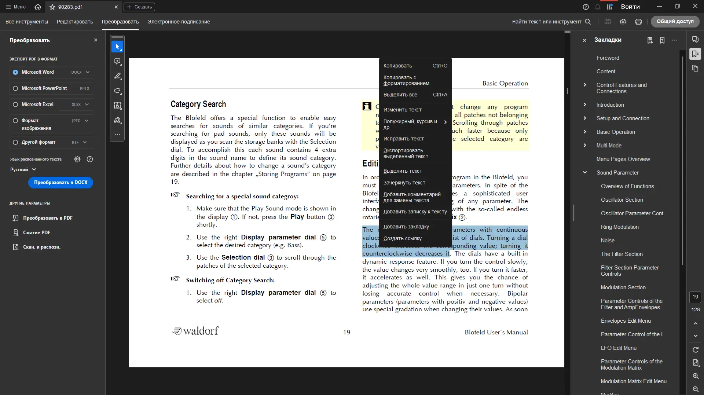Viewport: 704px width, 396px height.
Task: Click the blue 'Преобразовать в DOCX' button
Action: pos(60,183)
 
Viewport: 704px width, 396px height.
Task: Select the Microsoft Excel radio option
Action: pos(15,104)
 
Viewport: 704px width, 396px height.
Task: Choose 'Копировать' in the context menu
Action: pos(398,66)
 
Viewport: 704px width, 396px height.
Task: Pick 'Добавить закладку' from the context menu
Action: pos(406,227)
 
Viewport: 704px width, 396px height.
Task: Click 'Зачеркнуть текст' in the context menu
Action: pos(404,183)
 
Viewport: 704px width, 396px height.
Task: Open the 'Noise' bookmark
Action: pos(607,241)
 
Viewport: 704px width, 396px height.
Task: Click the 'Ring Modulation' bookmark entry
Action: pos(619,227)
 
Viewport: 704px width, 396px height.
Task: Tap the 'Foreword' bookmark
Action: pos(608,58)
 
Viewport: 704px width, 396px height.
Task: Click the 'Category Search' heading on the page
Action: pos(198,104)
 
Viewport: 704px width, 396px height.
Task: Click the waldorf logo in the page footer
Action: pos(195,331)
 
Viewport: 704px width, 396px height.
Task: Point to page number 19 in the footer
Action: pos(346,332)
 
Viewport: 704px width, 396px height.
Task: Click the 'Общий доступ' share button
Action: pos(675,22)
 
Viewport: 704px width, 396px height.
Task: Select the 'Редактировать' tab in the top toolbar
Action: pos(75,22)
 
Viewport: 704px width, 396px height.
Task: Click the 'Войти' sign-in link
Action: pos(630,7)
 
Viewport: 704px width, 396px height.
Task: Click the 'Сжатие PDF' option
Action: pos(37,232)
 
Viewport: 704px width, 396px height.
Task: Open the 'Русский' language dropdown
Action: pos(23,169)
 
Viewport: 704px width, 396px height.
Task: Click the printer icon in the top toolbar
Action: pos(638,22)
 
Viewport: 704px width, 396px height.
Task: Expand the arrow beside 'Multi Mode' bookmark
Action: pos(585,146)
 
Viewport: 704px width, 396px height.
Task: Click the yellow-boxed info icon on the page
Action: pos(367,106)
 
